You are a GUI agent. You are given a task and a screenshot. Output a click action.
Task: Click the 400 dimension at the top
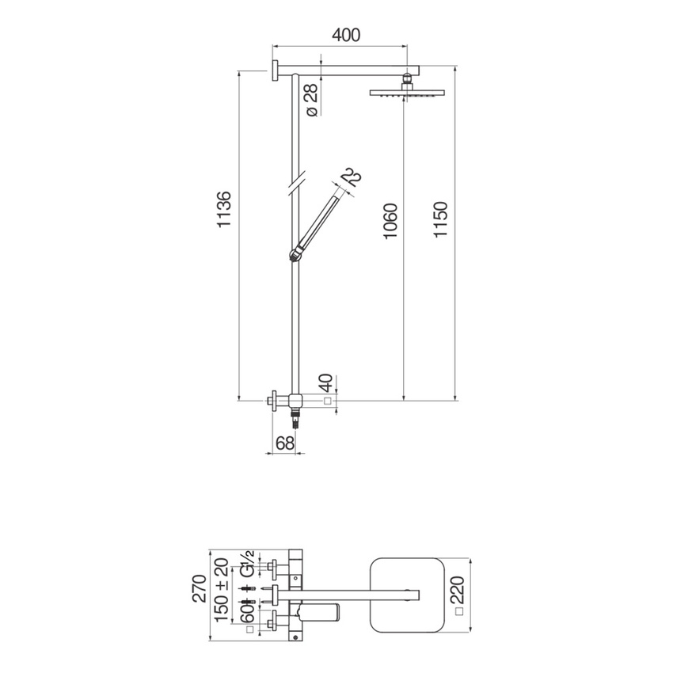pos(346,36)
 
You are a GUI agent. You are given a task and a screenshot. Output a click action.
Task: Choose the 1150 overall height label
pos(441,222)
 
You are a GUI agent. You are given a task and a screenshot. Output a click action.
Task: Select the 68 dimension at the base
pos(285,443)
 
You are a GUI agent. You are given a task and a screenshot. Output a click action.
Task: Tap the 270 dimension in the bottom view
pos(200,589)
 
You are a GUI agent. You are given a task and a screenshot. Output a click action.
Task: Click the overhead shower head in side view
pos(406,92)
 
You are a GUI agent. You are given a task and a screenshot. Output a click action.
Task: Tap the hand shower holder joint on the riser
pos(296,253)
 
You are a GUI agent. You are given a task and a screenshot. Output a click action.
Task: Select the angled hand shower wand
pos(321,218)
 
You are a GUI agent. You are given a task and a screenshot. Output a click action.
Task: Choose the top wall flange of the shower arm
pos(273,70)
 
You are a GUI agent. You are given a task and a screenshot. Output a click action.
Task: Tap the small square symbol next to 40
pos(326,402)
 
